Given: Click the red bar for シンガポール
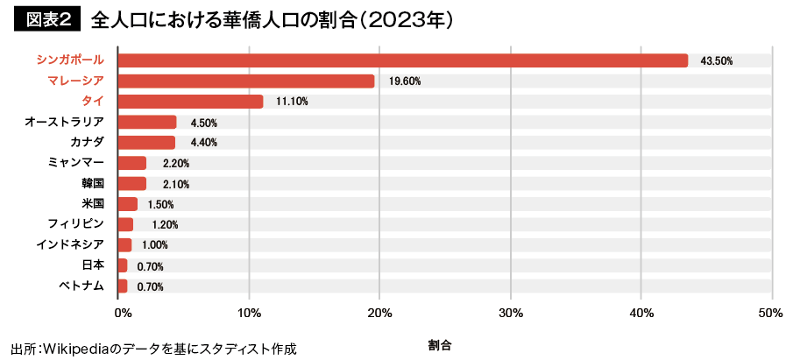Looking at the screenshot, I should (403, 60).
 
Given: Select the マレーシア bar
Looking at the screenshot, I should (246, 81).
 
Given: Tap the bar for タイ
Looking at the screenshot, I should (190, 102).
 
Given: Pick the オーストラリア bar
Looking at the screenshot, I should (147, 122).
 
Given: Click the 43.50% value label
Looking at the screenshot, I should (716, 60).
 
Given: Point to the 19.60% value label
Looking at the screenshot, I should (405, 81).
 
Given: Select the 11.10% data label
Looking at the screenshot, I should (292, 102).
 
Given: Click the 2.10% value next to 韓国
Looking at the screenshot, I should (175, 184).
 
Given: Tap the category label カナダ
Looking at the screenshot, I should (88, 142).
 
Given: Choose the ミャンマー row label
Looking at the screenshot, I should (77, 163).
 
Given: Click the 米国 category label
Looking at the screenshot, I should (92, 204).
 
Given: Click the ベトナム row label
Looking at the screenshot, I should (82, 286).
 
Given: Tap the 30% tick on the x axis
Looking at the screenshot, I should (510, 313).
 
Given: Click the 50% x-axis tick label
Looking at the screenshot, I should (771, 313).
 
